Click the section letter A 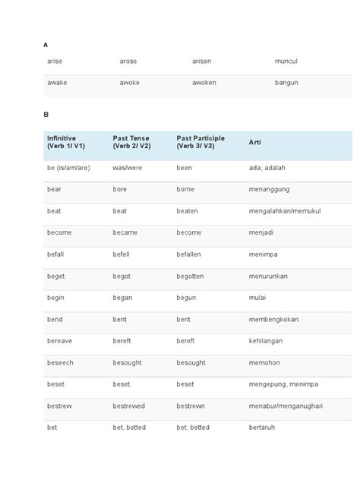[46, 45]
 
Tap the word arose [128, 61]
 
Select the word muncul [286, 61]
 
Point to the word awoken [204, 82]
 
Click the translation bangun [286, 82]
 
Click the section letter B [46, 114]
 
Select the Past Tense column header [132, 141]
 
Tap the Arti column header [255, 142]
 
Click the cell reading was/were [128, 167]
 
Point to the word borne [185, 188]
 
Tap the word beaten [188, 210]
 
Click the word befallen [190, 254]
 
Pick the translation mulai [257, 298]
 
